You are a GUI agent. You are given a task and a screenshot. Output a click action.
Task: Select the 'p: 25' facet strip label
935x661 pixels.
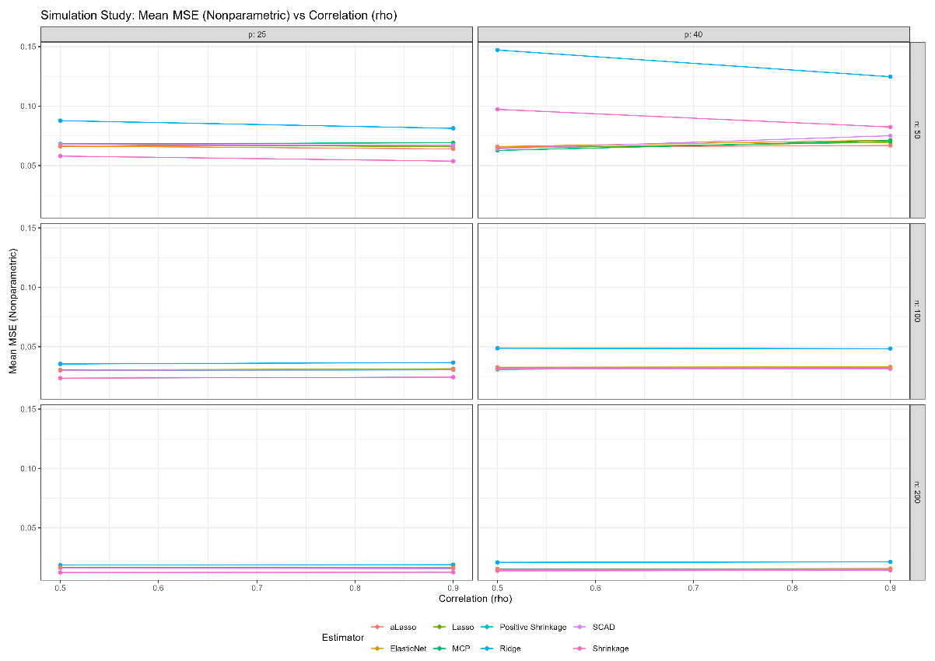[x=257, y=34]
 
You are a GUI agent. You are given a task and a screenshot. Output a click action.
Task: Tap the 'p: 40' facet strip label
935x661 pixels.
[x=693, y=34]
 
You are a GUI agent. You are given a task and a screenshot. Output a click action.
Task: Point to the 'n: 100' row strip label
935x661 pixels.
[x=917, y=311]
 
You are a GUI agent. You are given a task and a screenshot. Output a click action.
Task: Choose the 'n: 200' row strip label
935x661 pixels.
[x=917, y=492]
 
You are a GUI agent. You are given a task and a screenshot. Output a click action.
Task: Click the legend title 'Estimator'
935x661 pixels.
[x=342, y=638]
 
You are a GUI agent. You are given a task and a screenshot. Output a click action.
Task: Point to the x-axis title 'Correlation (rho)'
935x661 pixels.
[x=475, y=599]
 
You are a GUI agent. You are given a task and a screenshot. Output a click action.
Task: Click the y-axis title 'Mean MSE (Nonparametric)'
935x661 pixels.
[x=13, y=311]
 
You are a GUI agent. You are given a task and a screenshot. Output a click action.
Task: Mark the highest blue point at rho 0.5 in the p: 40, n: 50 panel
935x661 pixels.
[x=497, y=50]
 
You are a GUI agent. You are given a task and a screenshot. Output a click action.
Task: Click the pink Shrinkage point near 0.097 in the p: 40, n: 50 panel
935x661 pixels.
[x=497, y=109]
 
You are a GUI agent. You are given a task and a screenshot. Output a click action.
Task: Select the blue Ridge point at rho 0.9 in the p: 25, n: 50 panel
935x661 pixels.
[x=453, y=128]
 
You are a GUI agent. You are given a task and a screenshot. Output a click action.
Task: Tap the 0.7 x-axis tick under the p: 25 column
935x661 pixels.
[x=256, y=589]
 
